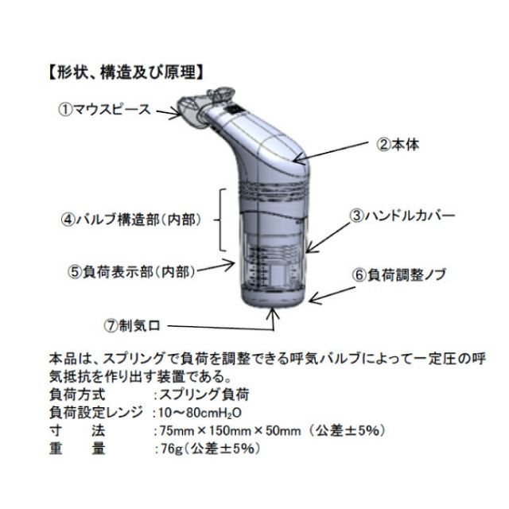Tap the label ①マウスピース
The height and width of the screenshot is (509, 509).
[x=103, y=109]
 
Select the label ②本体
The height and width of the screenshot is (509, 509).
[x=408, y=145]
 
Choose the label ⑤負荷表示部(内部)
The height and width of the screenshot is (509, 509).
[x=131, y=270]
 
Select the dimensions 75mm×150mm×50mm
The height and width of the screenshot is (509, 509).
[x=228, y=430]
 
